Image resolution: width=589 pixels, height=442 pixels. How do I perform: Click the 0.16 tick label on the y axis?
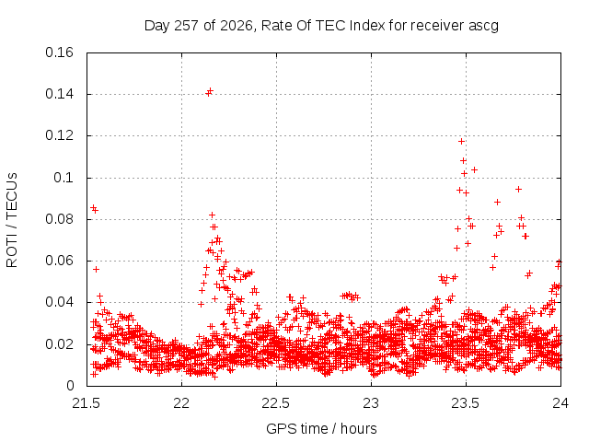tap(59, 52)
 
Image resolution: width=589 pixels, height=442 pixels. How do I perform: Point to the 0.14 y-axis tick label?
tap(59, 94)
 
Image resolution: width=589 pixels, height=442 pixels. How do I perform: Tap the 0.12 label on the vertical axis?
tap(59, 135)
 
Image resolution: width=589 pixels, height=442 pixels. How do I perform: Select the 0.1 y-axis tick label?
tap(64, 178)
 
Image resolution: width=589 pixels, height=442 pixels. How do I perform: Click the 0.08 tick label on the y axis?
tap(59, 219)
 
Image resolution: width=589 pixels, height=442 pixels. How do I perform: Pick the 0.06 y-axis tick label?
tap(59, 261)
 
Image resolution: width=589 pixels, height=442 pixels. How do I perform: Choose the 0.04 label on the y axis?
tap(59, 302)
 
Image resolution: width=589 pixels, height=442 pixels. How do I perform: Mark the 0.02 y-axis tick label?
tap(59, 344)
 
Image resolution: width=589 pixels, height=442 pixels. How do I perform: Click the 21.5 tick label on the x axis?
tap(87, 403)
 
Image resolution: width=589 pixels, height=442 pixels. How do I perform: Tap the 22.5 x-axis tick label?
tap(276, 403)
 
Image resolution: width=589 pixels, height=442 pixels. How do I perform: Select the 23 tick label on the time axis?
tap(371, 403)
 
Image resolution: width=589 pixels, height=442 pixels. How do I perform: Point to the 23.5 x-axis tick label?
tap(466, 403)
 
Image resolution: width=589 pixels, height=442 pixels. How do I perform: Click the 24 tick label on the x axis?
tap(560, 403)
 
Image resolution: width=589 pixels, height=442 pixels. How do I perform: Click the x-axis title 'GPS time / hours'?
tap(321, 429)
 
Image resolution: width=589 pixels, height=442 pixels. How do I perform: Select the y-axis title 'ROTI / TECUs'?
tap(12, 220)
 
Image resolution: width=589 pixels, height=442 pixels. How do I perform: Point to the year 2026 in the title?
tap(237, 26)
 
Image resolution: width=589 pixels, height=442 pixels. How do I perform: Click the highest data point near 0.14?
tap(211, 91)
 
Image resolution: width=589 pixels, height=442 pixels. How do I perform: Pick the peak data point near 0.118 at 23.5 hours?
tap(461, 141)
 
